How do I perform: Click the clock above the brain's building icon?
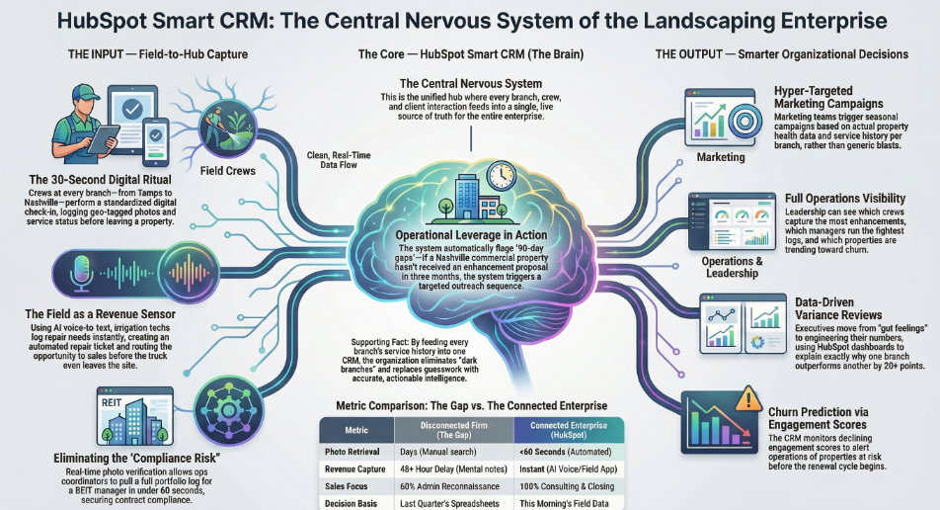pyautogui.click(x=500, y=175)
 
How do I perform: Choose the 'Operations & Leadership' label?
pyautogui.click(x=728, y=268)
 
